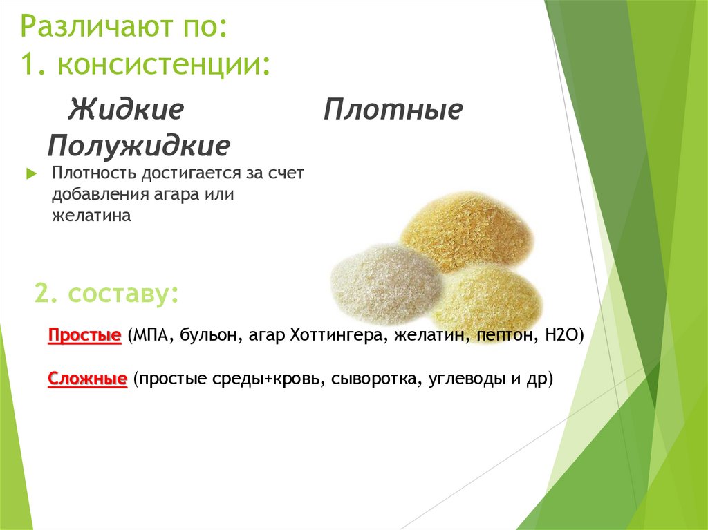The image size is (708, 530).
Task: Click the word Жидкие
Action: pos(125,109)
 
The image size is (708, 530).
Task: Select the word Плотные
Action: pos(393,109)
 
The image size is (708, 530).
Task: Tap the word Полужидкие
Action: pos(139,146)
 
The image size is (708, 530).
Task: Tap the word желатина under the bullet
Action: pos(91,216)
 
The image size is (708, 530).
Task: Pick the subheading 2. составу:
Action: pos(106,294)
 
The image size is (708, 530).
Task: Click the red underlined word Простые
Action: pos(84,336)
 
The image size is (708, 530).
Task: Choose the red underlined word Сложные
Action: pos(87,379)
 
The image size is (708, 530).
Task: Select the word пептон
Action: pos(506,336)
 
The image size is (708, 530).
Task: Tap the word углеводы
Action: pos(456,379)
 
